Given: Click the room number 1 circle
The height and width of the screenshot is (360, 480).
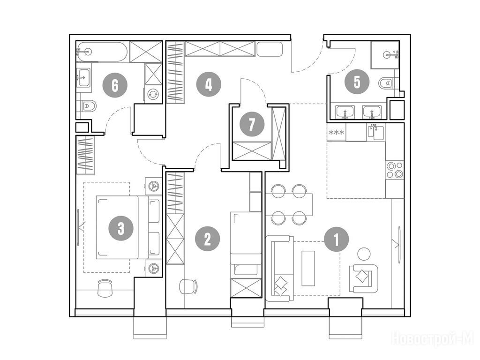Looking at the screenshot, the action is tap(337, 239).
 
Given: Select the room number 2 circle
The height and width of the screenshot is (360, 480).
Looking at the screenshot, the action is tap(208, 239).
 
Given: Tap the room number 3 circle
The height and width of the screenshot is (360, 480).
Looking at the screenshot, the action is tap(121, 228).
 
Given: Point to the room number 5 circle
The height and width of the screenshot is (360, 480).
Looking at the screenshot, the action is tap(357, 82).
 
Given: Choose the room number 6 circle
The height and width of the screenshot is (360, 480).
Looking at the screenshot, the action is tap(115, 85).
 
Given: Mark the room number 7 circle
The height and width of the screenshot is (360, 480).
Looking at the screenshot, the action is tap(252, 124).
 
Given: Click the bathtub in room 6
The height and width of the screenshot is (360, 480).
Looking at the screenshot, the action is tap(101, 52).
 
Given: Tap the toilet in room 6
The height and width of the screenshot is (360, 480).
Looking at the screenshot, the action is tap(88, 106).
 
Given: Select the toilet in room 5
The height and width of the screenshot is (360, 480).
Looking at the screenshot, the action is tap(386, 82).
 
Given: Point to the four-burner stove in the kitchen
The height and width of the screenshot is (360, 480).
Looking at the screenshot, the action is tap(395, 170).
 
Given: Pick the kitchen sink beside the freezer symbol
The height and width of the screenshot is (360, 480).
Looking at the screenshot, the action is tap(375, 132).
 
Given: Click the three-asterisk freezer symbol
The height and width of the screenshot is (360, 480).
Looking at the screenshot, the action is tap(336, 133).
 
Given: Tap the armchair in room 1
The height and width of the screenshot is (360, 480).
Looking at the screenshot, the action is tap(364, 278).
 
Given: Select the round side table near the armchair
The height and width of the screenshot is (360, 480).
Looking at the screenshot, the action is tap(364, 254).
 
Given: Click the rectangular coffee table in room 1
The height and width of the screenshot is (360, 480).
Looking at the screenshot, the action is tap(308, 269).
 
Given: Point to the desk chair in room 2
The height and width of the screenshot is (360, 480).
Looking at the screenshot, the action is tap(188, 286).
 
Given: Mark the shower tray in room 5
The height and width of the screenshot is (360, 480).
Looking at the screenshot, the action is tap(385, 55).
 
